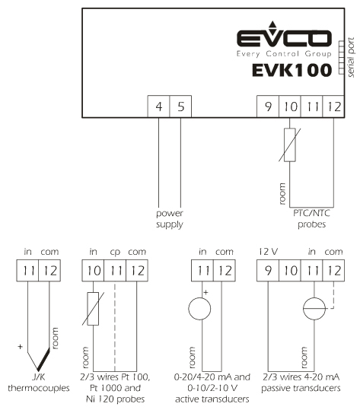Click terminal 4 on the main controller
coord(158,106)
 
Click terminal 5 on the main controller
coord(180,106)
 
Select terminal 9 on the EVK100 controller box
coord(268,106)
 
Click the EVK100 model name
coord(292,70)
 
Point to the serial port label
coord(351,57)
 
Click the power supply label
coord(170,219)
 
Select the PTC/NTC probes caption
coord(311,219)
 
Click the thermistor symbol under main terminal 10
coord(290,145)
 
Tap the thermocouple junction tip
coord(38,370)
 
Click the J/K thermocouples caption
coord(39,383)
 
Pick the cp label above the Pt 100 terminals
coord(115,252)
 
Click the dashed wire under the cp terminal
coord(115,326)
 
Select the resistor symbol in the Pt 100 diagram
coord(93,309)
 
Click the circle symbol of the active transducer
coord(199,309)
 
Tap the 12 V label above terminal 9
coord(268,252)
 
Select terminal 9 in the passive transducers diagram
coord(268,271)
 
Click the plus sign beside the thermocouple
coord(20,347)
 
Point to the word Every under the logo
coord(248,54)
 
